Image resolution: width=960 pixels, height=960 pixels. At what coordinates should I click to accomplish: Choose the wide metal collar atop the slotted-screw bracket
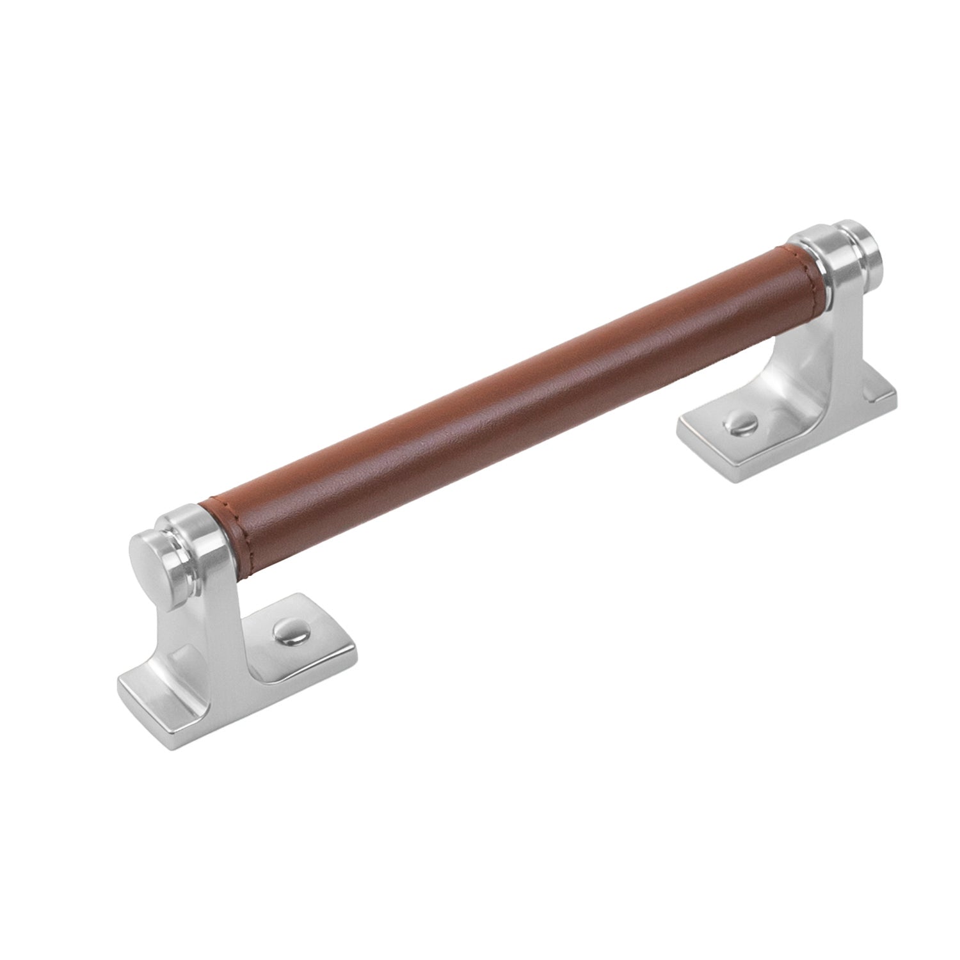click(813, 256)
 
